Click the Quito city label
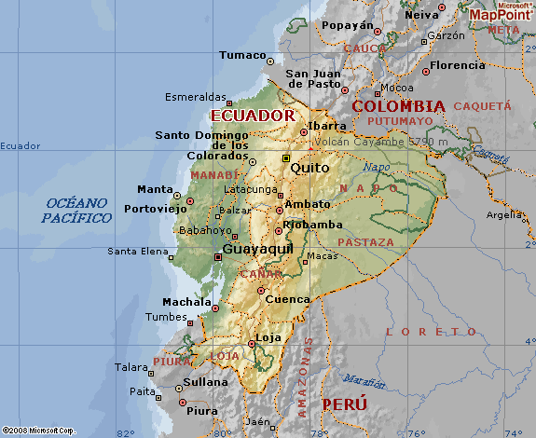pyautogui.click(x=309, y=168)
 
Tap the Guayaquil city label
pyautogui.click(x=258, y=250)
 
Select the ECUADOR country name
pyautogui.click(x=253, y=115)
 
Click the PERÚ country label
pyautogui.click(x=344, y=404)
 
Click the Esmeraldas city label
pyautogui.click(x=196, y=97)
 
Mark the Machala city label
pyautogui.click(x=187, y=302)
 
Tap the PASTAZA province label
pyautogui.click(x=365, y=242)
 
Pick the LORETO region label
pyautogui.click(x=424, y=332)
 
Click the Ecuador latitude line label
pyautogui.click(x=21, y=145)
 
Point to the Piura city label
pyautogui.click(x=202, y=410)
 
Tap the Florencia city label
pyautogui.click(x=457, y=65)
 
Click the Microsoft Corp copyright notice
pyautogui.click(x=38, y=430)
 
